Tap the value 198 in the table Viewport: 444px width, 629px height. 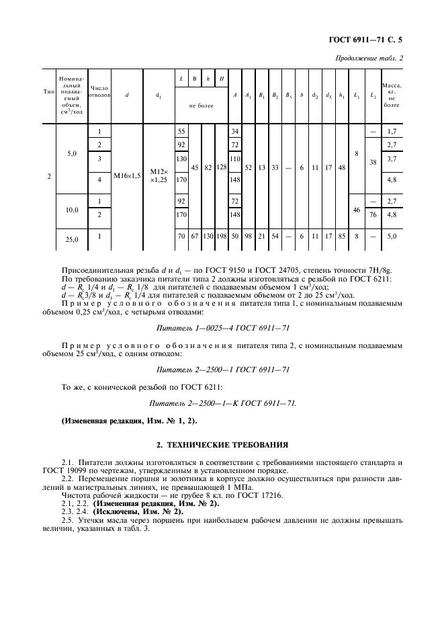[222, 237]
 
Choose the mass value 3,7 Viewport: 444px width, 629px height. [392, 159]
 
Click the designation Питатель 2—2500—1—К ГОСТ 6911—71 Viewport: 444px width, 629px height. [221, 403]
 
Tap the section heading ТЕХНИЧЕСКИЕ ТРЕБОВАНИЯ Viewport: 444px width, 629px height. [222, 444]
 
